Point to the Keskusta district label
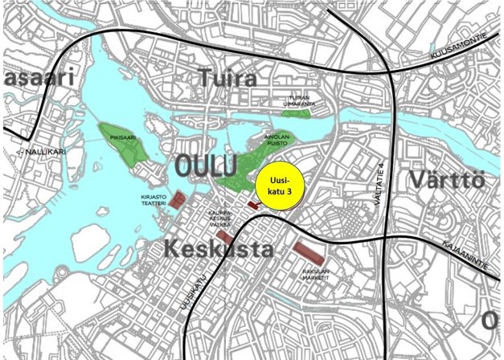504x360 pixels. pos(218,248)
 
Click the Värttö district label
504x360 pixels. pos(446,178)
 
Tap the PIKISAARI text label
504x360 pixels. pos(121,137)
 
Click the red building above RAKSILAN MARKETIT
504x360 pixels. pos(310,256)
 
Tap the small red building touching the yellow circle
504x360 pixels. pos(253,206)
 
